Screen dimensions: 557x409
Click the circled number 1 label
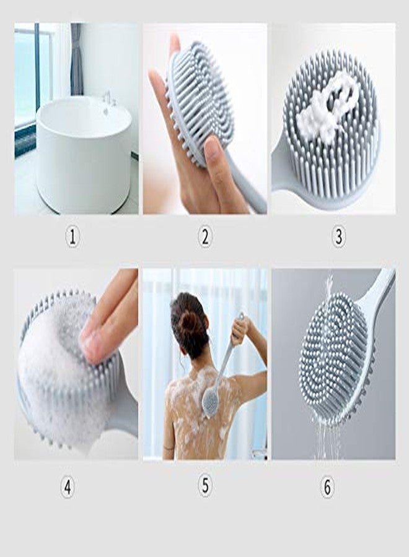[x=73, y=236]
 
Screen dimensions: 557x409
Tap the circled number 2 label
[x=205, y=236]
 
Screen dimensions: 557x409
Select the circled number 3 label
[x=338, y=236]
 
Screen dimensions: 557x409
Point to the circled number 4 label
[x=68, y=488]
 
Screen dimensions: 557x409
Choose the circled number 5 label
[x=205, y=486]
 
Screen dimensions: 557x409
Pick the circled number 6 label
[x=327, y=488]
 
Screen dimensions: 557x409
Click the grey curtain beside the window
[x=76, y=59]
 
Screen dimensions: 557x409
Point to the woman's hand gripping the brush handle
[x=239, y=332]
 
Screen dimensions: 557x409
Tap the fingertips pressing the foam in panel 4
[x=93, y=340]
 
